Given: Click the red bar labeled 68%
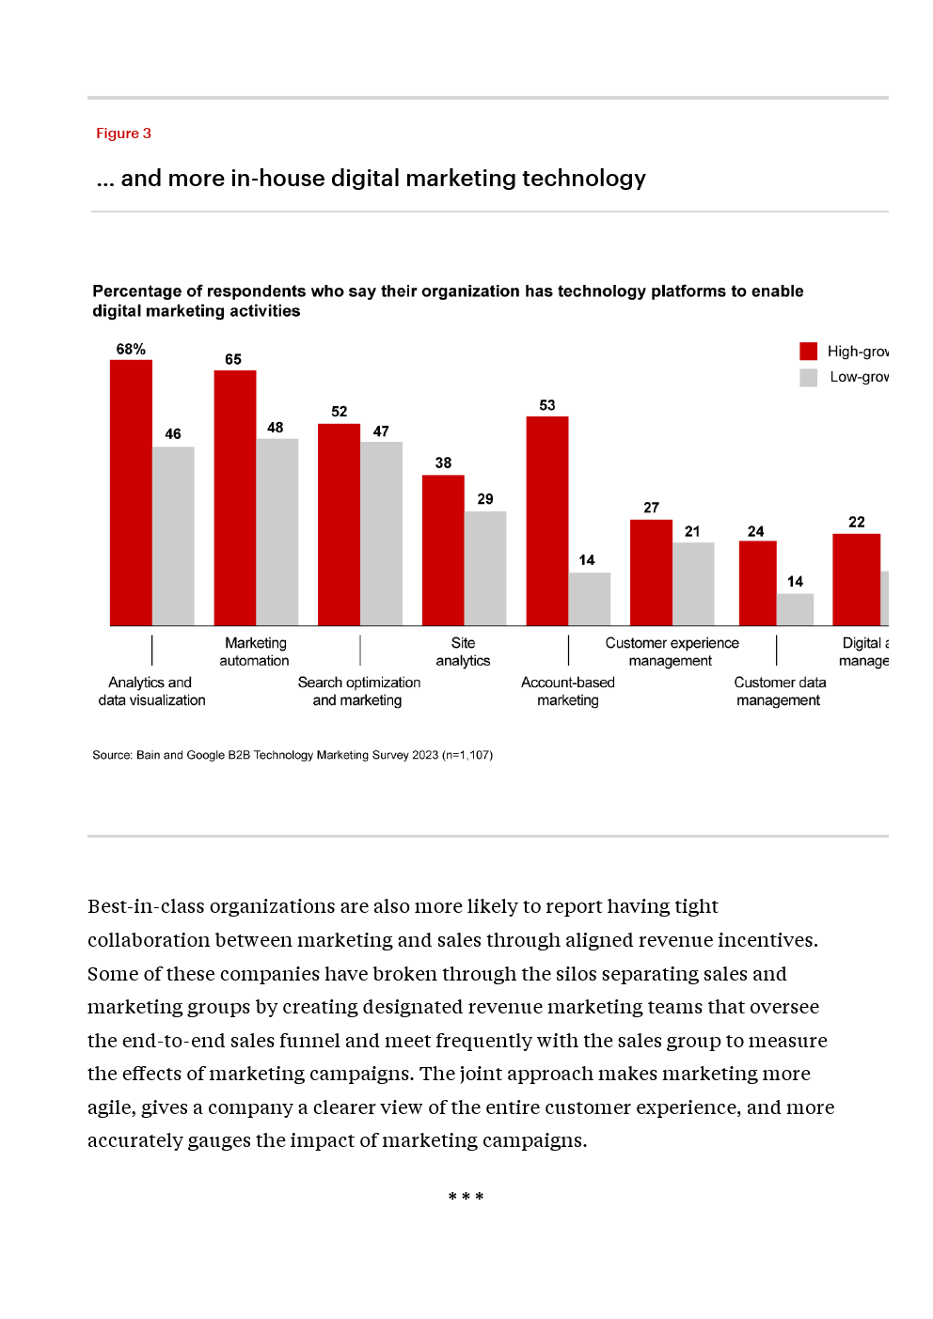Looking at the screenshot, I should [x=131, y=493].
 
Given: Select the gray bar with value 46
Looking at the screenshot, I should [x=173, y=536].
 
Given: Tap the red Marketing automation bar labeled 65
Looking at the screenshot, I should [x=235, y=498].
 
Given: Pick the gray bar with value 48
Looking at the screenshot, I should [x=277, y=532].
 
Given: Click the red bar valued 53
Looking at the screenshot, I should [x=547, y=521].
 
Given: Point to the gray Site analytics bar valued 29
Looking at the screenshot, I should [x=485, y=569].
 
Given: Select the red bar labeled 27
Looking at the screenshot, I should [x=651, y=573].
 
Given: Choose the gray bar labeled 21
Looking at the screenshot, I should [x=693, y=584].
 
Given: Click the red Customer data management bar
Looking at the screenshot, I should [x=757, y=583].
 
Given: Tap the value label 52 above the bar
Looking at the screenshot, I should [x=340, y=412].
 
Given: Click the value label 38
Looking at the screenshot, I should [x=443, y=463].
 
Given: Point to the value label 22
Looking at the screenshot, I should [x=857, y=522].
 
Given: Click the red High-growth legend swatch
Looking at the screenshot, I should [x=809, y=352].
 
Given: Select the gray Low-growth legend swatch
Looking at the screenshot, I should [x=809, y=377].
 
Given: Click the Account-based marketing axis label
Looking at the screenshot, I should [x=568, y=691].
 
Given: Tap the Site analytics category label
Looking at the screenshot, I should [x=463, y=652].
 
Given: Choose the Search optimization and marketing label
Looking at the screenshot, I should [x=358, y=691].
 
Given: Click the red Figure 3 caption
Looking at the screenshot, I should [x=123, y=133].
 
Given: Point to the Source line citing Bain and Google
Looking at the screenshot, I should [x=293, y=755].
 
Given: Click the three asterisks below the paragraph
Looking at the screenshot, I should [x=466, y=1197].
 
